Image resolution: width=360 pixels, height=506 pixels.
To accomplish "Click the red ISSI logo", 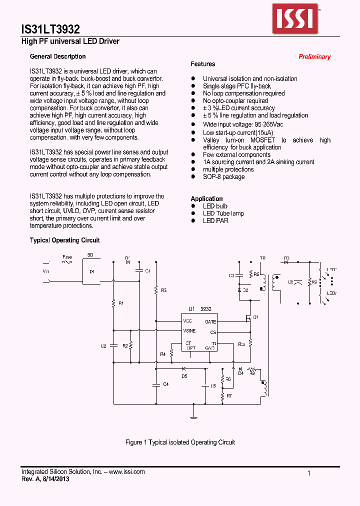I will pyautogui.click(x=294, y=17).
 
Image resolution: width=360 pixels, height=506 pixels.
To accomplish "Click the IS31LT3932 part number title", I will pyautogui.click(x=50, y=29).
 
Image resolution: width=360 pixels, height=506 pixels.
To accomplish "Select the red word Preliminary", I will pyautogui.click(x=314, y=57).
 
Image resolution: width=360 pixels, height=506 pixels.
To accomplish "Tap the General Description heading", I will pyautogui.click(x=57, y=56).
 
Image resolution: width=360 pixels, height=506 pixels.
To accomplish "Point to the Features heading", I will pyautogui.click(x=203, y=64).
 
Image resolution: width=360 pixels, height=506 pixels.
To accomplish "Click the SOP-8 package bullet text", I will pyautogui.click(x=223, y=176).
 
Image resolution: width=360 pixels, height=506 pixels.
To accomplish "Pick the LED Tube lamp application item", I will pyautogui.click(x=223, y=213).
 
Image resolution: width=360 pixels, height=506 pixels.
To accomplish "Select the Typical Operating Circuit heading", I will pyautogui.click(x=64, y=240).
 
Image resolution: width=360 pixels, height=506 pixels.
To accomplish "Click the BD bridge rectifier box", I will pyautogui.click(x=91, y=272).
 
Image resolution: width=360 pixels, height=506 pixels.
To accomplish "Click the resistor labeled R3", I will pyautogui.click(x=156, y=290).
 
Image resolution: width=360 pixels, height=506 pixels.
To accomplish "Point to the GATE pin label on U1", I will pyautogui.click(x=210, y=322).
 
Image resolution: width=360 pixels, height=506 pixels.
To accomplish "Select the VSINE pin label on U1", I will pyautogui.click(x=189, y=330).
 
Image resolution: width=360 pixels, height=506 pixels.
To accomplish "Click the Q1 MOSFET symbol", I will pyautogui.click(x=248, y=317).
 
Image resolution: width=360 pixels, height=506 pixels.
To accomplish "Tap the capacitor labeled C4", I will pyautogui.click(x=156, y=384).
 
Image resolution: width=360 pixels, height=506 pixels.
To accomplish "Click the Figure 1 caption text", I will pyautogui.click(x=179, y=442).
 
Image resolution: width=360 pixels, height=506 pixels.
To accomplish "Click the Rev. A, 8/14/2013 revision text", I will pyautogui.click(x=45, y=478).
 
